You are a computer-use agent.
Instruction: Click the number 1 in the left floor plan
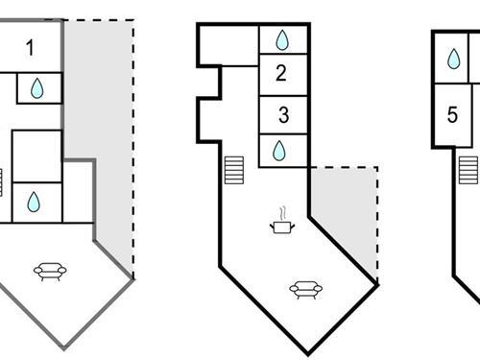point(31,47)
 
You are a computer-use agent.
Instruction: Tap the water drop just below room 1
point(36,88)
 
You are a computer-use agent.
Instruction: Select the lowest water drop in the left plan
point(34,202)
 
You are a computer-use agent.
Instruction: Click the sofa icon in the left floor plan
point(49,272)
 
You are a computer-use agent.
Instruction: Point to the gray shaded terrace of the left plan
point(106,144)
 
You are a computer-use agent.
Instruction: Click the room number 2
point(281,72)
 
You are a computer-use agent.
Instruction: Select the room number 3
point(283,116)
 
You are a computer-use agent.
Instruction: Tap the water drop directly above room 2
point(282,40)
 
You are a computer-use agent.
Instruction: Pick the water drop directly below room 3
point(279,151)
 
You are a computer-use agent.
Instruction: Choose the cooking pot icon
point(281,228)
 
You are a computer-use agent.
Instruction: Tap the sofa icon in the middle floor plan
point(305,288)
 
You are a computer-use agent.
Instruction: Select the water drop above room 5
point(453,60)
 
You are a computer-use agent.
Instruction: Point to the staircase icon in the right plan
point(468,170)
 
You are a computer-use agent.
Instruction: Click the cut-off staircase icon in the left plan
point(2,182)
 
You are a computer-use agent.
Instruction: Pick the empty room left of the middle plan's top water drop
point(228,46)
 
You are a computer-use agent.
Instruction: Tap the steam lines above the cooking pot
point(281,211)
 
